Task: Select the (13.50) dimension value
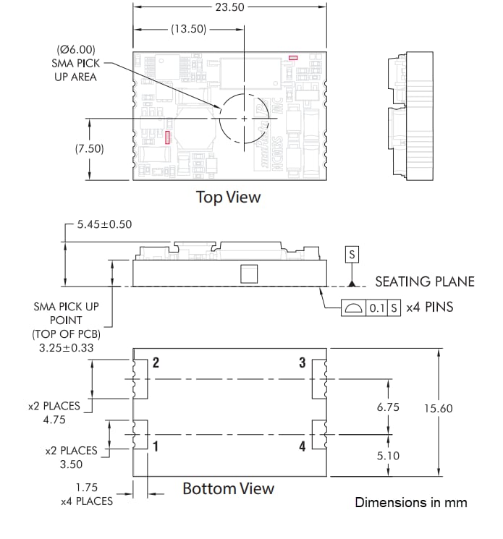click(x=188, y=30)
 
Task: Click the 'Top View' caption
click(x=229, y=197)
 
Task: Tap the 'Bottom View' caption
click(x=228, y=488)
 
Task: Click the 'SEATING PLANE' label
click(x=425, y=281)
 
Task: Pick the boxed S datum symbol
click(x=352, y=255)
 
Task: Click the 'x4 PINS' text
click(x=429, y=307)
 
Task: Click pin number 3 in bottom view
click(x=303, y=362)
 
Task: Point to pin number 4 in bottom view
click(x=303, y=446)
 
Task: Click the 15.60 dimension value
click(x=438, y=409)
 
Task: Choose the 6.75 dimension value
click(x=388, y=408)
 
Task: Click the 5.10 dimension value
click(x=388, y=456)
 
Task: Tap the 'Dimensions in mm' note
click(x=410, y=502)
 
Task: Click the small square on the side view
click(x=248, y=273)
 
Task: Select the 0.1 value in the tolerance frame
click(x=377, y=307)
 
